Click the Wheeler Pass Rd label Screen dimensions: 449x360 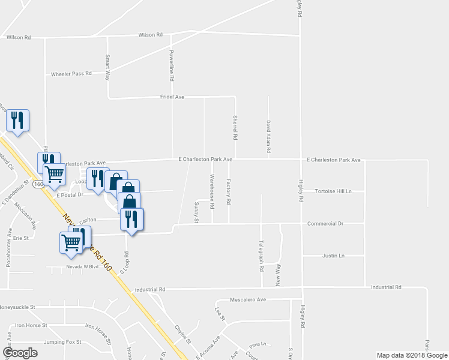click(x=71, y=73)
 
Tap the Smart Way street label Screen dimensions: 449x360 click(x=107, y=67)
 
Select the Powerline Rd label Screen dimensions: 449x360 click(x=172, y=65)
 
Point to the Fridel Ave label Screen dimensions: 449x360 click(x=172, y=97)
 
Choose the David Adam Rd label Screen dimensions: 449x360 click(x=268, y=134)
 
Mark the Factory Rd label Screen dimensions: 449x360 click(x=229, y=191)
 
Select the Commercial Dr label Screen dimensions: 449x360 click(x=325, y=223)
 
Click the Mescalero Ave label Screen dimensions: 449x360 click(x=248, y=299)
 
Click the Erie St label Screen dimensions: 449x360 click(x=21, y=238)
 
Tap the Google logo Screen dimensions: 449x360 click(x=20, y=352)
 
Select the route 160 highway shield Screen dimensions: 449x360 click(x=38, y=184)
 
